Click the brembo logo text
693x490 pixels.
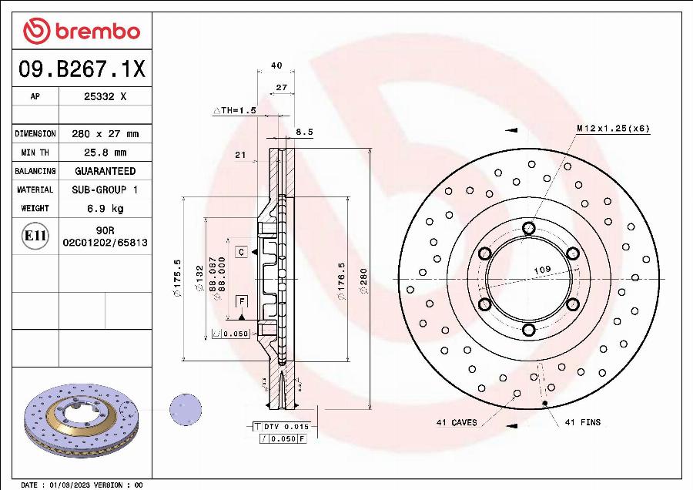pyautogui.click(x=95, y=32)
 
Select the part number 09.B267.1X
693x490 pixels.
pyautogui.click(x=82, y=70)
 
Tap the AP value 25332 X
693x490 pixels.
pyautogui.click(x=105, y=97)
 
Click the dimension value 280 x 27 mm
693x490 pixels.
pyautogui.click(x=105, y=134)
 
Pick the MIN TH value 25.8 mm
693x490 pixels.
pyautogui.click(x=105, y=153)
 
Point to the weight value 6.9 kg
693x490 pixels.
pyautogui.click(x=105, y=208)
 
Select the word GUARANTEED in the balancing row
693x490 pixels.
pyautogui.click(x=105, y=171)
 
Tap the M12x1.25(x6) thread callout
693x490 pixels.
pyautogui.click(x=613, y=128)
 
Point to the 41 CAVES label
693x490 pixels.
pyautogui.click(x=457, y=422)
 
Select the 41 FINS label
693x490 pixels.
pyautogui.click(x=583, y=422)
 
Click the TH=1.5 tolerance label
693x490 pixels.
pyautogui.click(x=234, y=111)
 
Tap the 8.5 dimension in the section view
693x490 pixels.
pyautogui.click(x=304, y=133)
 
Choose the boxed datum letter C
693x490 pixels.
pyautogui.click(x=241, y=252)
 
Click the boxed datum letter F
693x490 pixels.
pyautogui.click(x=241, y=300)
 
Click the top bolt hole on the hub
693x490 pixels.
pyautogui.click(x=528, y=228)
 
